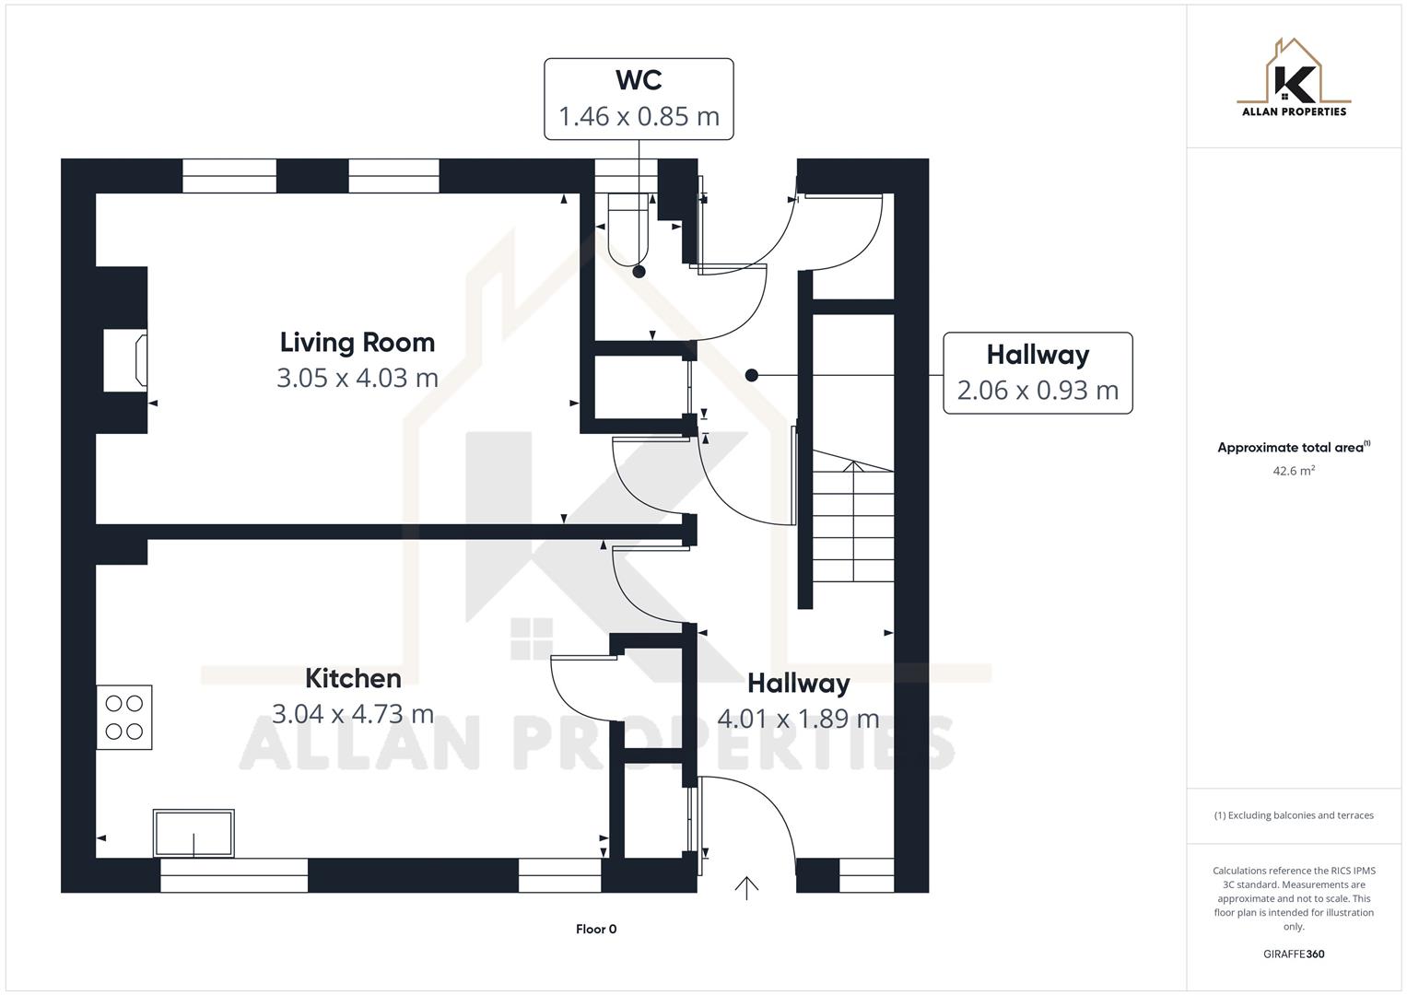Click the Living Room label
357,342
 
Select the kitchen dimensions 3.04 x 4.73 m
352,714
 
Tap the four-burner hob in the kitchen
124,718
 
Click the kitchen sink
193,833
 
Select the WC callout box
639,99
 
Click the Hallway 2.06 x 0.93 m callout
1038,373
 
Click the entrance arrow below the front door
746,886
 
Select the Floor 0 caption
596,929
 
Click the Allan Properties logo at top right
1294,77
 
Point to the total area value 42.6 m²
1294,471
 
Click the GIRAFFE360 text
1294,954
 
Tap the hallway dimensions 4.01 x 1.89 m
798,719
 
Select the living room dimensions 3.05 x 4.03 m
357,378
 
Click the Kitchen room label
353,678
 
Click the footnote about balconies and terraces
1294,815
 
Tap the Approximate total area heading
1292,448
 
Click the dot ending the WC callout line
639,272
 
